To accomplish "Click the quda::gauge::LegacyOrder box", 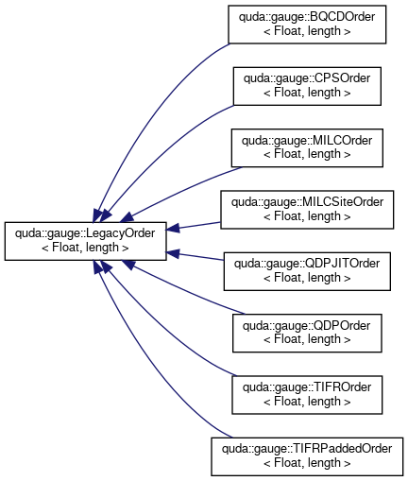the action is pyautogui.click(x=85, y=241).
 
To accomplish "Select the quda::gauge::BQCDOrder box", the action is pyautogui.click(x=307, y=25).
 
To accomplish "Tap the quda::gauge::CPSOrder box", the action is pyautogui.click(x=307, y=86).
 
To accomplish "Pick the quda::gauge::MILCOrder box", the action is pyautogui.click(x=307, y=147).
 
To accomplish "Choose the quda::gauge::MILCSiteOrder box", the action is pyautogui.click(x=307, y=210).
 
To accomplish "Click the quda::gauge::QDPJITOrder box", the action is pyautogui.click(x=307, y=271).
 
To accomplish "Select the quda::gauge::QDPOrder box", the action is pyautogui.click(x=307, y=333).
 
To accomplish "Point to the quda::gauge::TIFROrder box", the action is pyautogui.click(x=307, y=395).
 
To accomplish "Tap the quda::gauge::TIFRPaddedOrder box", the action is pyautogui.click(x=307, y=456).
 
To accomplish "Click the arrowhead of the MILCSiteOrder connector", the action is pyautogui.click(x=173, y=228).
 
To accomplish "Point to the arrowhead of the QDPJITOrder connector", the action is pyautogui.click(x=173, y=253).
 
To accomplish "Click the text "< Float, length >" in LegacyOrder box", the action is pyautogui.click(x=85, y=248).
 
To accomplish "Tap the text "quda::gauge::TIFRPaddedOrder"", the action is pyautogui.click(x=307, y=449).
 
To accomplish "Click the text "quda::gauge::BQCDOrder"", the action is pyautogui.click(x=307, y=17).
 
